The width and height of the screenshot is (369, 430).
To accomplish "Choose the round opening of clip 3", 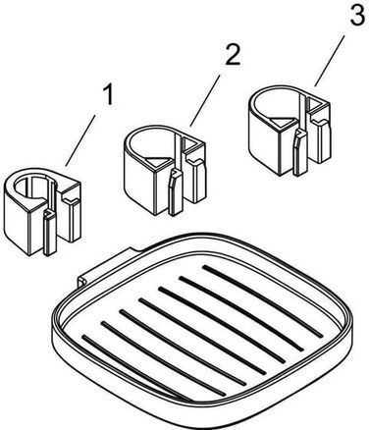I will [274, 100].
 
